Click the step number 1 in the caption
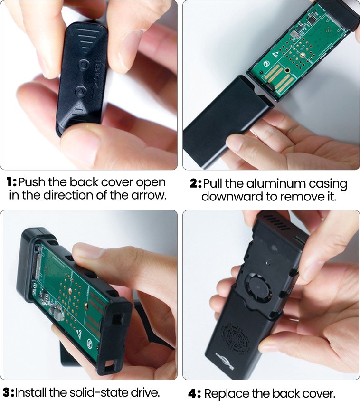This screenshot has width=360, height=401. [10, 182]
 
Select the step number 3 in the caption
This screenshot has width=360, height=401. [7, 392]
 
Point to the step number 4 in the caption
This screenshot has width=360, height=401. [193, 393]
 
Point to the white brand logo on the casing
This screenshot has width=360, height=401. [225, 362]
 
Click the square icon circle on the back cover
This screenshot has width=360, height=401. [84, 65]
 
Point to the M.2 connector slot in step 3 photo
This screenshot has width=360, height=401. [38, 262]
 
